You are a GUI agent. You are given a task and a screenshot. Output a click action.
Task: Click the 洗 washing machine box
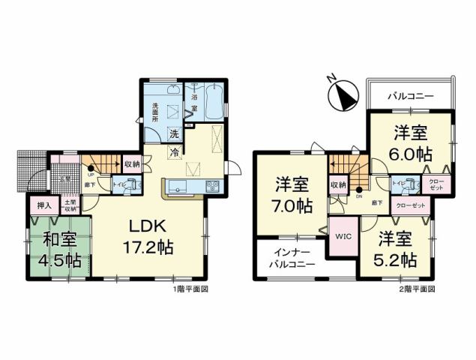tap(173, 135)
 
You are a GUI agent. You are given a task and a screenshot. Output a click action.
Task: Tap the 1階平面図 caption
tap(192, 289)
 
